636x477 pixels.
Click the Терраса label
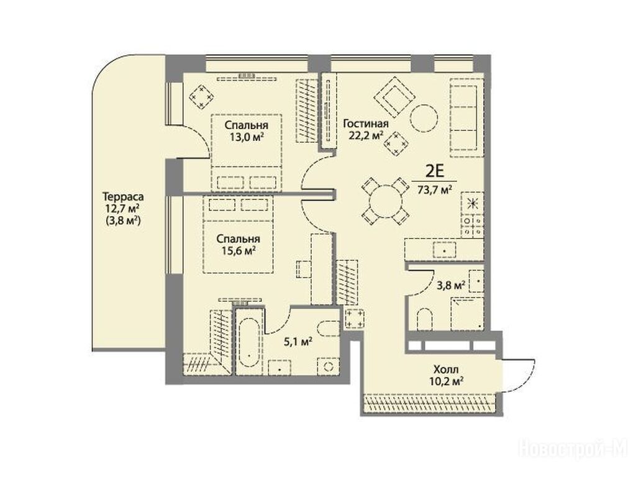tap(123, 197)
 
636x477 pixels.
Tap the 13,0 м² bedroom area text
tap(247, 137)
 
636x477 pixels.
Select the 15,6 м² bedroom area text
tap(238, 250)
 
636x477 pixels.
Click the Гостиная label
tap(366, 124)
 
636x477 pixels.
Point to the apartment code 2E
tap(434, 171)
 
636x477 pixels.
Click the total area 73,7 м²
tap(435, 189)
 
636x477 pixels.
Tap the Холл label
tap(446, 370)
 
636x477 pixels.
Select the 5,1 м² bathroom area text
tap(298, 342)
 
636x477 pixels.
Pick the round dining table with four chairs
tap(385, 202)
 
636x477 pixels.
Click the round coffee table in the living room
tap(424, 118)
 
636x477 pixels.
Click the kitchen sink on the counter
tap(445, 250)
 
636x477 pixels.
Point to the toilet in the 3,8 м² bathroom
tap(425, 320)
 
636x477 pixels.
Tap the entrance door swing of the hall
tap(523, 375)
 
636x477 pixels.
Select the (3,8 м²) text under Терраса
tap(123, 221)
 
